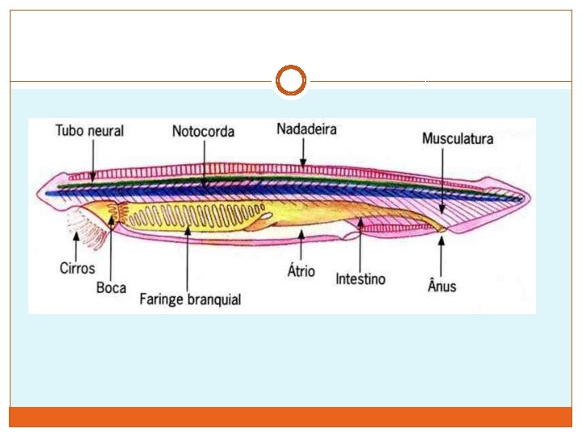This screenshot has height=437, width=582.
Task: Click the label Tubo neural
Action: pos(89,131)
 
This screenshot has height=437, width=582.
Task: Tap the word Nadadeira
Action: pos(306,129)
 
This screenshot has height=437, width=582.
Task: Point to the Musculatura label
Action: pos(458,138)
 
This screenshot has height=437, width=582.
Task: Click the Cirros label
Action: pos(77,268)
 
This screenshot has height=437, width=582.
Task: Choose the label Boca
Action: pos(111,287)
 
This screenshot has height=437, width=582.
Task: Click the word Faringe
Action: pos(164,299)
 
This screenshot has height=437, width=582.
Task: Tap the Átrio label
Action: pos(302,271)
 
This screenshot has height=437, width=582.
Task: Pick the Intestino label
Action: pos(361,279)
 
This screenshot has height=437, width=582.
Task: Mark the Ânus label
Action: pos(441,285)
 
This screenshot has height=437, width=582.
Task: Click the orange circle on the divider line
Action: pos(290,81)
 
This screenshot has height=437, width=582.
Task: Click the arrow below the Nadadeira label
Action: pos(303,153)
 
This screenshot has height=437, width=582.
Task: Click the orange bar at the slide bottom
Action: pos(290,417)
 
